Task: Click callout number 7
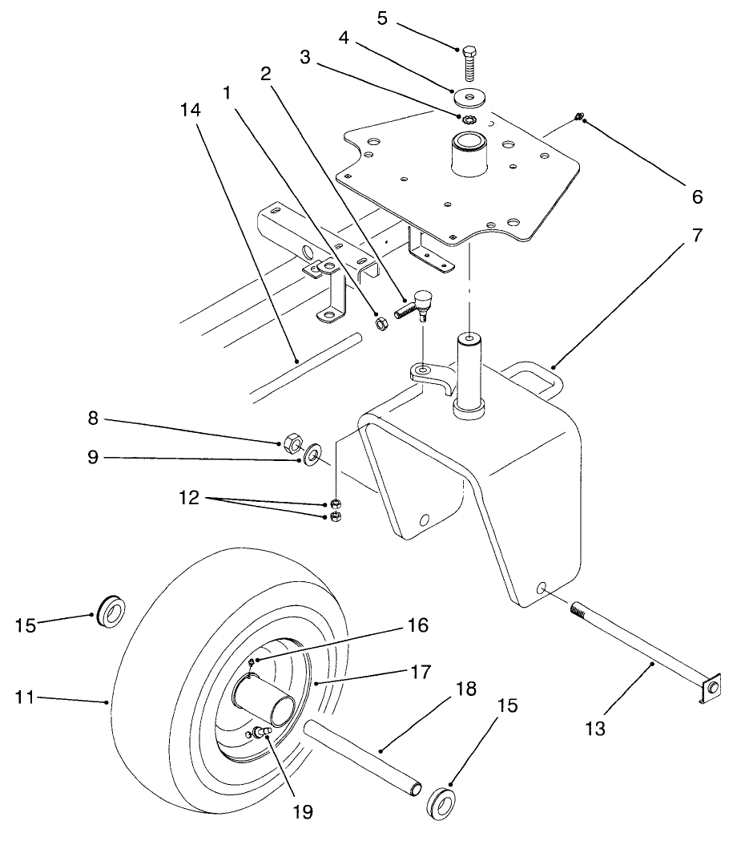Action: point(697,237)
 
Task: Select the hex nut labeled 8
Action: point(292,442)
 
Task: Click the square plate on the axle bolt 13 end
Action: point(711,689)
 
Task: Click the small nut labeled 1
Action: point(382,323)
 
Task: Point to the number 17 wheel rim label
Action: point(420,672)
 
